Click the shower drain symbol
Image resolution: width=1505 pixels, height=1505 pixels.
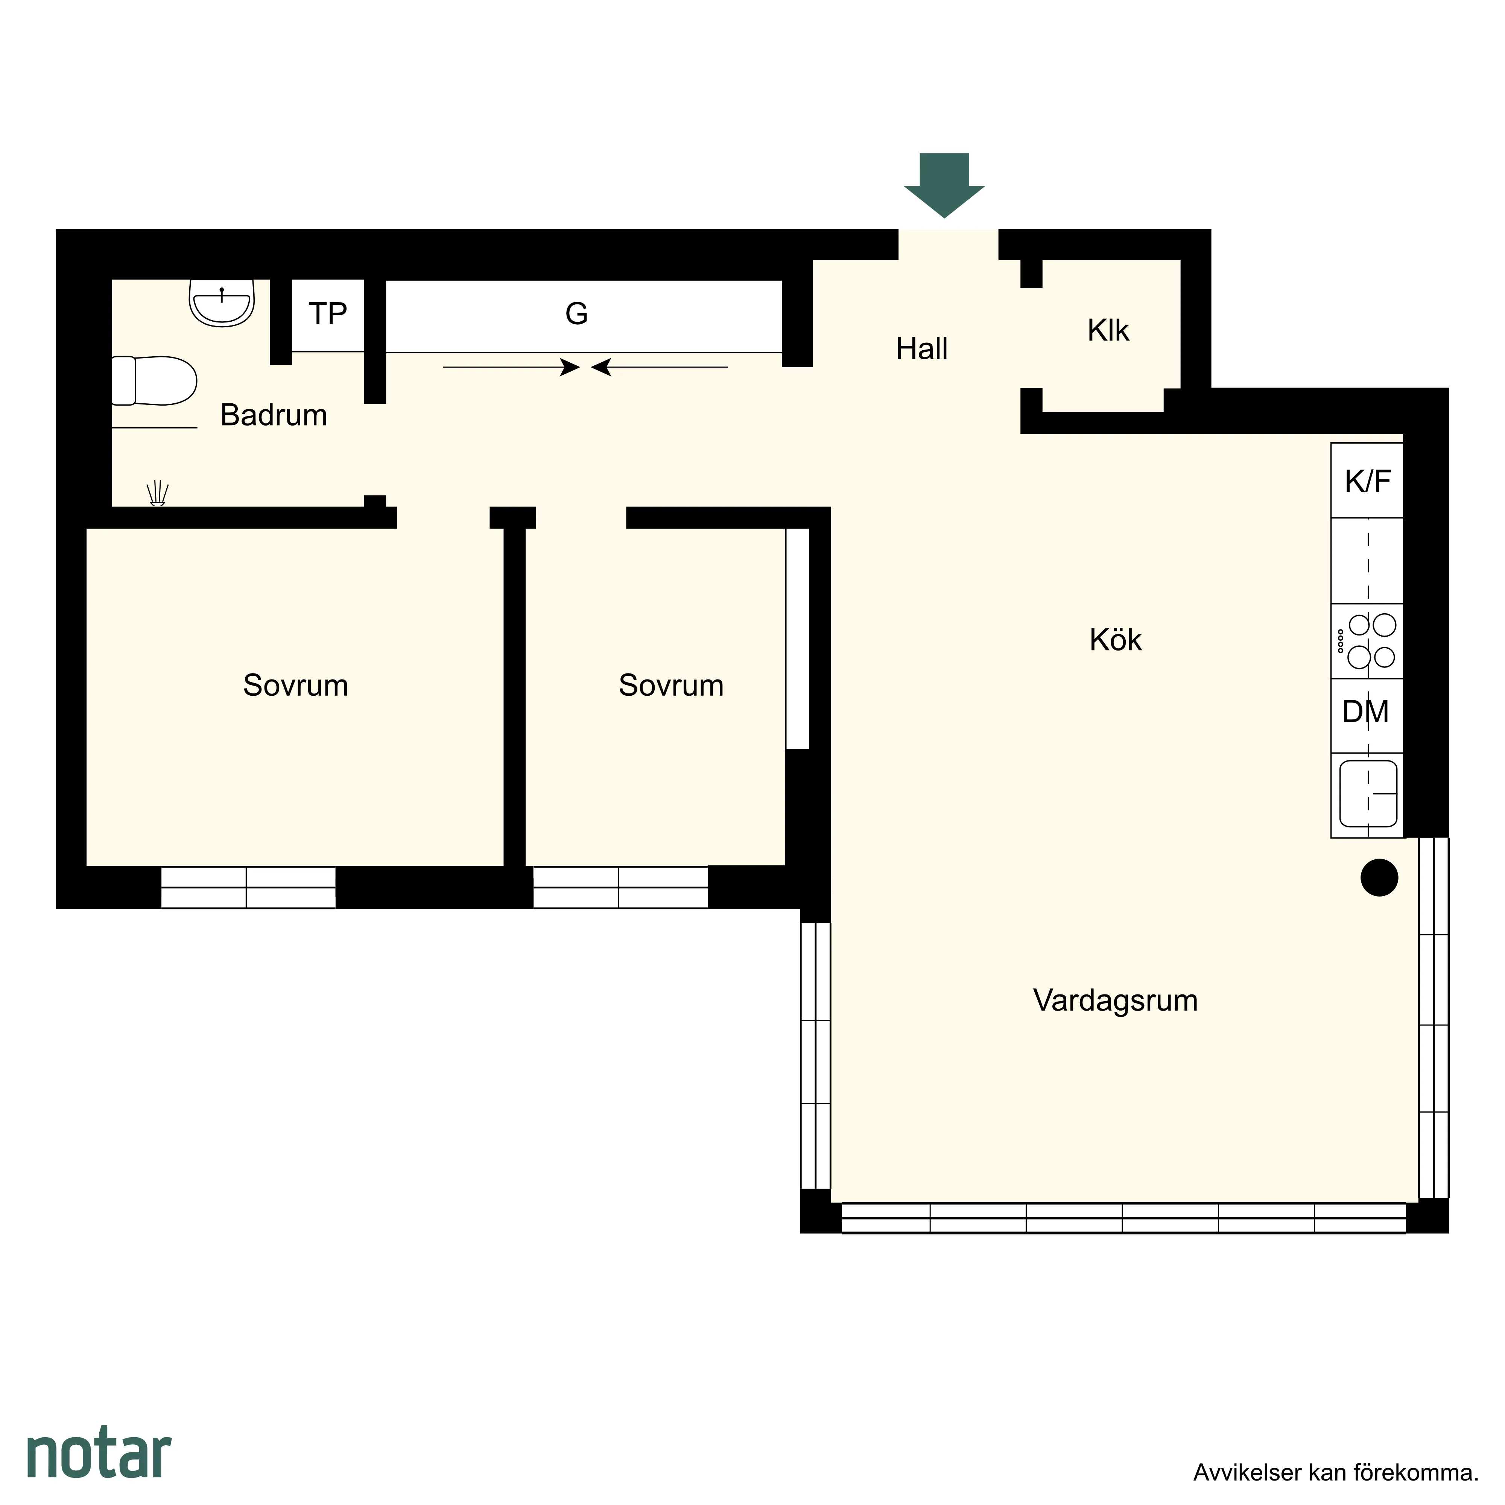[x=157, y=494]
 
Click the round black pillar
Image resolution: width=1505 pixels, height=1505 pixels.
[x=1380, y=878]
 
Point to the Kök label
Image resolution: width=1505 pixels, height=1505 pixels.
[x=1116, y=640]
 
